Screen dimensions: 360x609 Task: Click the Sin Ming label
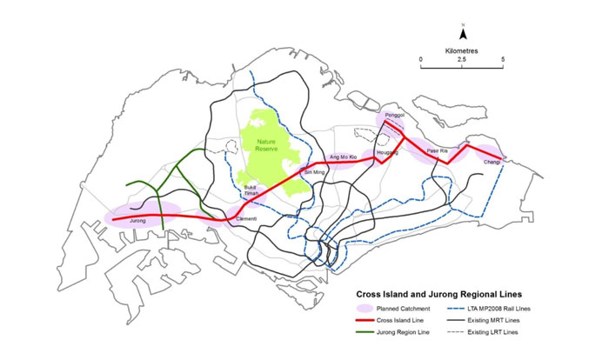click(x=311, y=173)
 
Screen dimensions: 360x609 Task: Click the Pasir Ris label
click(x=437, y=151)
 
